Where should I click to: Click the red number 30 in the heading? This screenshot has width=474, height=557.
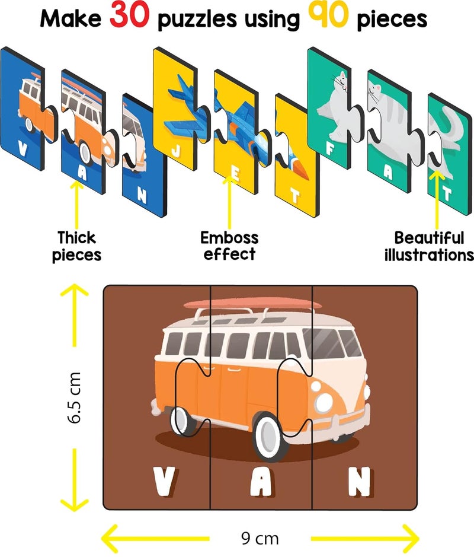129,15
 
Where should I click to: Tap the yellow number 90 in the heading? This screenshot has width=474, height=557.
328,15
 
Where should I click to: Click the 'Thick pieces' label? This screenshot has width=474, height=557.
76,246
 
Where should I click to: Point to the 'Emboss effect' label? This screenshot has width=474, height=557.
229,246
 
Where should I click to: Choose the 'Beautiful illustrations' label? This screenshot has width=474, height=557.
429,246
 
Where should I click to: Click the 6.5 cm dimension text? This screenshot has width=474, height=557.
74,397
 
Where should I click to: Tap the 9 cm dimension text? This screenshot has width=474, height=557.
260,538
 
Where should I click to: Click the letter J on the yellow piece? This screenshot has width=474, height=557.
175,151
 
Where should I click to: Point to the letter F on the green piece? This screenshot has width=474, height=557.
330,149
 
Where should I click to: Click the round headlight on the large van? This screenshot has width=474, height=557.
324,402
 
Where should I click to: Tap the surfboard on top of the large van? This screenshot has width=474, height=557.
253,304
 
